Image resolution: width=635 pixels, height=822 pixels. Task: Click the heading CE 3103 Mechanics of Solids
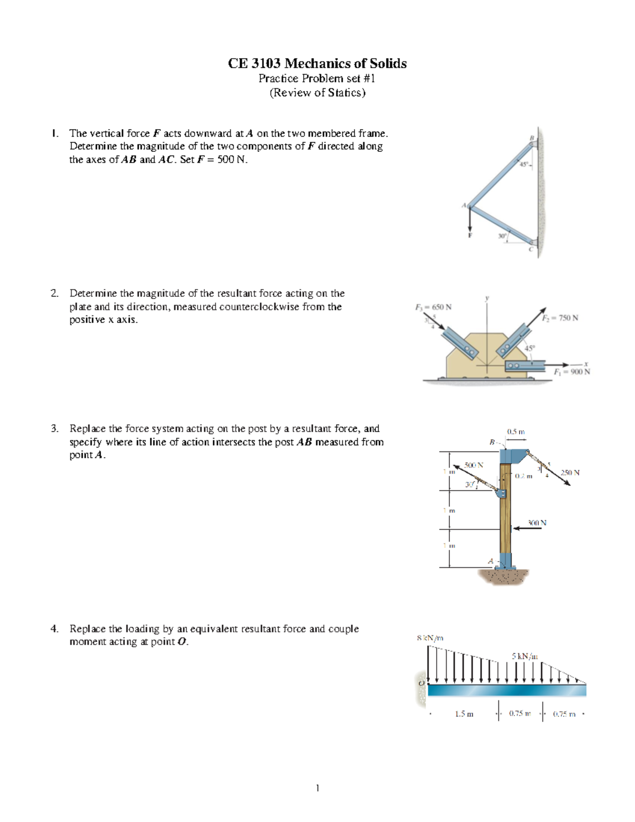pyautogui.click(x=317, y=64)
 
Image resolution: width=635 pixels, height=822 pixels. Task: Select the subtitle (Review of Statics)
pyautogui.click(x=317, y=93)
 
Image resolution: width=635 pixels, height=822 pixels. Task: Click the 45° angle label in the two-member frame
pyautogui.click(x=524, y=165)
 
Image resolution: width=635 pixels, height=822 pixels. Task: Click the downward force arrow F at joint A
pyautogui.click(x=469, y=220)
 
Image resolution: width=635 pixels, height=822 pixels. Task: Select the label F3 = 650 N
pyautogui.click(x=433, y=307)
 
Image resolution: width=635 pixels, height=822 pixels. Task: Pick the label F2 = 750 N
pyautogui.click(x=560, y=318)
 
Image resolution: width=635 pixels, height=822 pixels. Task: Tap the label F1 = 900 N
pyautogui.click(x=571, y=372)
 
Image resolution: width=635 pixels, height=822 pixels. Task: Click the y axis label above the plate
pyautogui.click(x=487, y=298)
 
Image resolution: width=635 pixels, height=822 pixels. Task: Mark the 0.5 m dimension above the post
pyautogui.click(x=515, y=431)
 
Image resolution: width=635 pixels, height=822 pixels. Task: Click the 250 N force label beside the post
pyautogui.click(x=570, y=472)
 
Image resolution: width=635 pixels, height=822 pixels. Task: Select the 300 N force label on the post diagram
pyautogui.click(x=537, y=522)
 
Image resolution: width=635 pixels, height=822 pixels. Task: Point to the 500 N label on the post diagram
pyautogui.click(x=474, y=465)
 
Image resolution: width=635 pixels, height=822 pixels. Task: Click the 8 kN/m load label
pyautogui.click(x=430, y=638)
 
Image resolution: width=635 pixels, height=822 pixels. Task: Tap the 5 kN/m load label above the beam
pyautogui.click(x=524, y=656)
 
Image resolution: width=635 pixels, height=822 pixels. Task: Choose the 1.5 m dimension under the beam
pyautogui.click(x=464, y=713)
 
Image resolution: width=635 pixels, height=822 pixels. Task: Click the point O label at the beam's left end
pyautogui.click(x=421, y=683)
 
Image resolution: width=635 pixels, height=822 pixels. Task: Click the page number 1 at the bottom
pyautogui.click(x=317, y=788)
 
